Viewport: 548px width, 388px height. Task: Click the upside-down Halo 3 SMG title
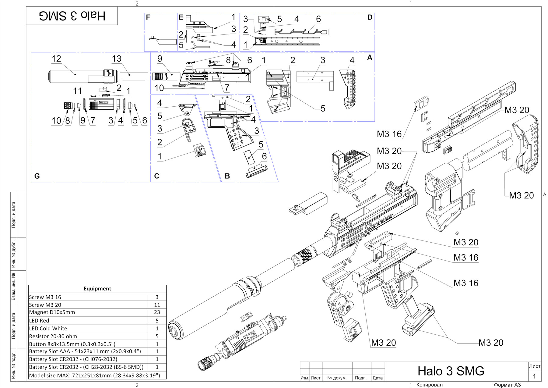coord(72,16)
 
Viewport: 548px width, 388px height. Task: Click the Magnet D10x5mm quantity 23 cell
coord(157,312)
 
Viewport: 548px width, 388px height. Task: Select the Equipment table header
coord(97,289)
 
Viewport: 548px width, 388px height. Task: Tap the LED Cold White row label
coord(48,328)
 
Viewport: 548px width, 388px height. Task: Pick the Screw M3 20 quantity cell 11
coord(157,305)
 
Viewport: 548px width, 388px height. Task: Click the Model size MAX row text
coord(94,375)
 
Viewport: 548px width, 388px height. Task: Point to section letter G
coord(37,176)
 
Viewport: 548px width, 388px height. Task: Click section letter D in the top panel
coord(370,17)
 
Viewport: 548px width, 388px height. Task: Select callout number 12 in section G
coord(56,59)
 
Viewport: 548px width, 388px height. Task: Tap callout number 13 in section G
coord(117,59)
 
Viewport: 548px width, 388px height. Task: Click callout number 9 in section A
coord(160,59)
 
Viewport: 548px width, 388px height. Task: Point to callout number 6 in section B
coord(264,156)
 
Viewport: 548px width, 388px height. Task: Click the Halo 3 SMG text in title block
coord(451,371)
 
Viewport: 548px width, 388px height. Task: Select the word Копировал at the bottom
coord(429,385)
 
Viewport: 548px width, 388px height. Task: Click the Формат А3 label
coord(507,385)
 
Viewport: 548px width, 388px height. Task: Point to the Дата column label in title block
coord(378,378)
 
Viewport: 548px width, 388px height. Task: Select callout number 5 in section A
coord(323,109)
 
